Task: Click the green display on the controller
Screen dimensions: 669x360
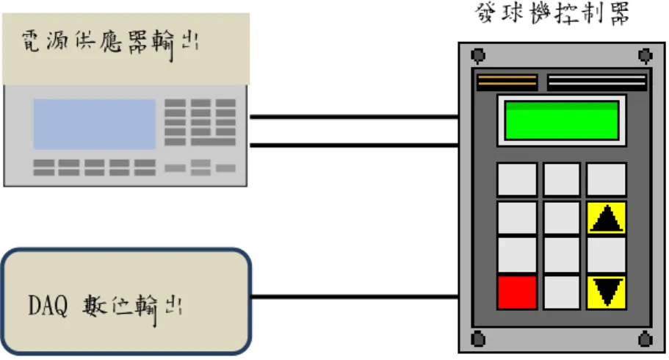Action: point(562,120)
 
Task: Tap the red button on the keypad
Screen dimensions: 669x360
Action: point(517,292)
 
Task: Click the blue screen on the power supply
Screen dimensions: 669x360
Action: point(94,124)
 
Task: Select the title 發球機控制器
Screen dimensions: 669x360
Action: point(552,14)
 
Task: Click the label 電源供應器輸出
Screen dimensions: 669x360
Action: point(110,43)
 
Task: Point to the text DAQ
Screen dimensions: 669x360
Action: point(48,306)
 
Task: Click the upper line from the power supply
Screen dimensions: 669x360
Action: point(354,116)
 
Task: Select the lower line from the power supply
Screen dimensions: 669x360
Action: point(354,145)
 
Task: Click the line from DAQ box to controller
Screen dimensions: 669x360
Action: point(355,296)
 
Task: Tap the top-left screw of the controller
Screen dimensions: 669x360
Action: point(478,56)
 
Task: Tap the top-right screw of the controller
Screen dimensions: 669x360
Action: point(645,56)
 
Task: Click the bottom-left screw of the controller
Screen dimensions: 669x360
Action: point(478,339)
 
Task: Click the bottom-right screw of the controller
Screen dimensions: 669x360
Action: point(645,339)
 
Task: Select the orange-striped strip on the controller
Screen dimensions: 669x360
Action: point(507,81)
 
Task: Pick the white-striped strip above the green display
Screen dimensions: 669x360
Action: point(597,81)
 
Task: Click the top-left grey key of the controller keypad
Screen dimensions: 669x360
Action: point(517,179)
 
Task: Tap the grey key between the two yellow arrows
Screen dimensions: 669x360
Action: point(607,256)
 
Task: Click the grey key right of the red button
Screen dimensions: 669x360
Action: point(562,292)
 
